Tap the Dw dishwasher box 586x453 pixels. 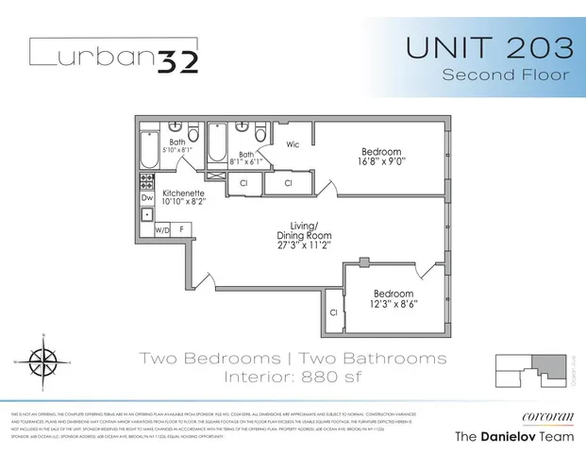[147, 198]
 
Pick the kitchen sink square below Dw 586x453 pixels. [147, 215]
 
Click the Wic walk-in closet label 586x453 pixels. [293, 145]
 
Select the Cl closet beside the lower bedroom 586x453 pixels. [334, 312]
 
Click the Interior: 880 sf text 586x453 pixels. [293, 378]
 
